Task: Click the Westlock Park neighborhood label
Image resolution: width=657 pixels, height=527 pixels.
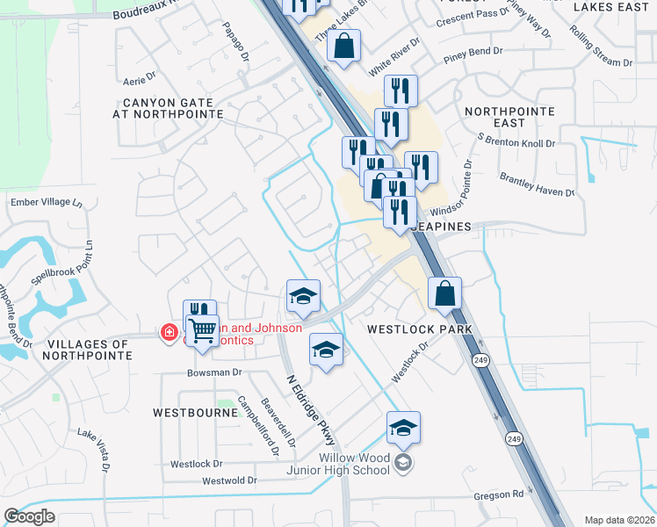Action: [x=419, y=329]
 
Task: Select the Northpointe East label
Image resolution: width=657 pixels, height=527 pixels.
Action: [x=509, y=117]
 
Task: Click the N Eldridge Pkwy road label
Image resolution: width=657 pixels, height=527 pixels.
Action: [x=311, y=409]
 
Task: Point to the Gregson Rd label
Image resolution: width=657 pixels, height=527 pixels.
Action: [x=499, y=495]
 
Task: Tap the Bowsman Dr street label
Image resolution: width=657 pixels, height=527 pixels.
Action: [x=213, y=372]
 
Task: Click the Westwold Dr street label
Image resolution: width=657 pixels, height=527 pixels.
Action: [x=229, y=480]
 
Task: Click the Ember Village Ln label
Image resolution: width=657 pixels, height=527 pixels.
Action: [x=46, y=202]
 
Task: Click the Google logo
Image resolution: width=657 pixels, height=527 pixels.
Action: [x=30, y=516]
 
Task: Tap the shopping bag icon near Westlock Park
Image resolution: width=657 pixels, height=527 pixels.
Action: [x=445, y=293]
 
